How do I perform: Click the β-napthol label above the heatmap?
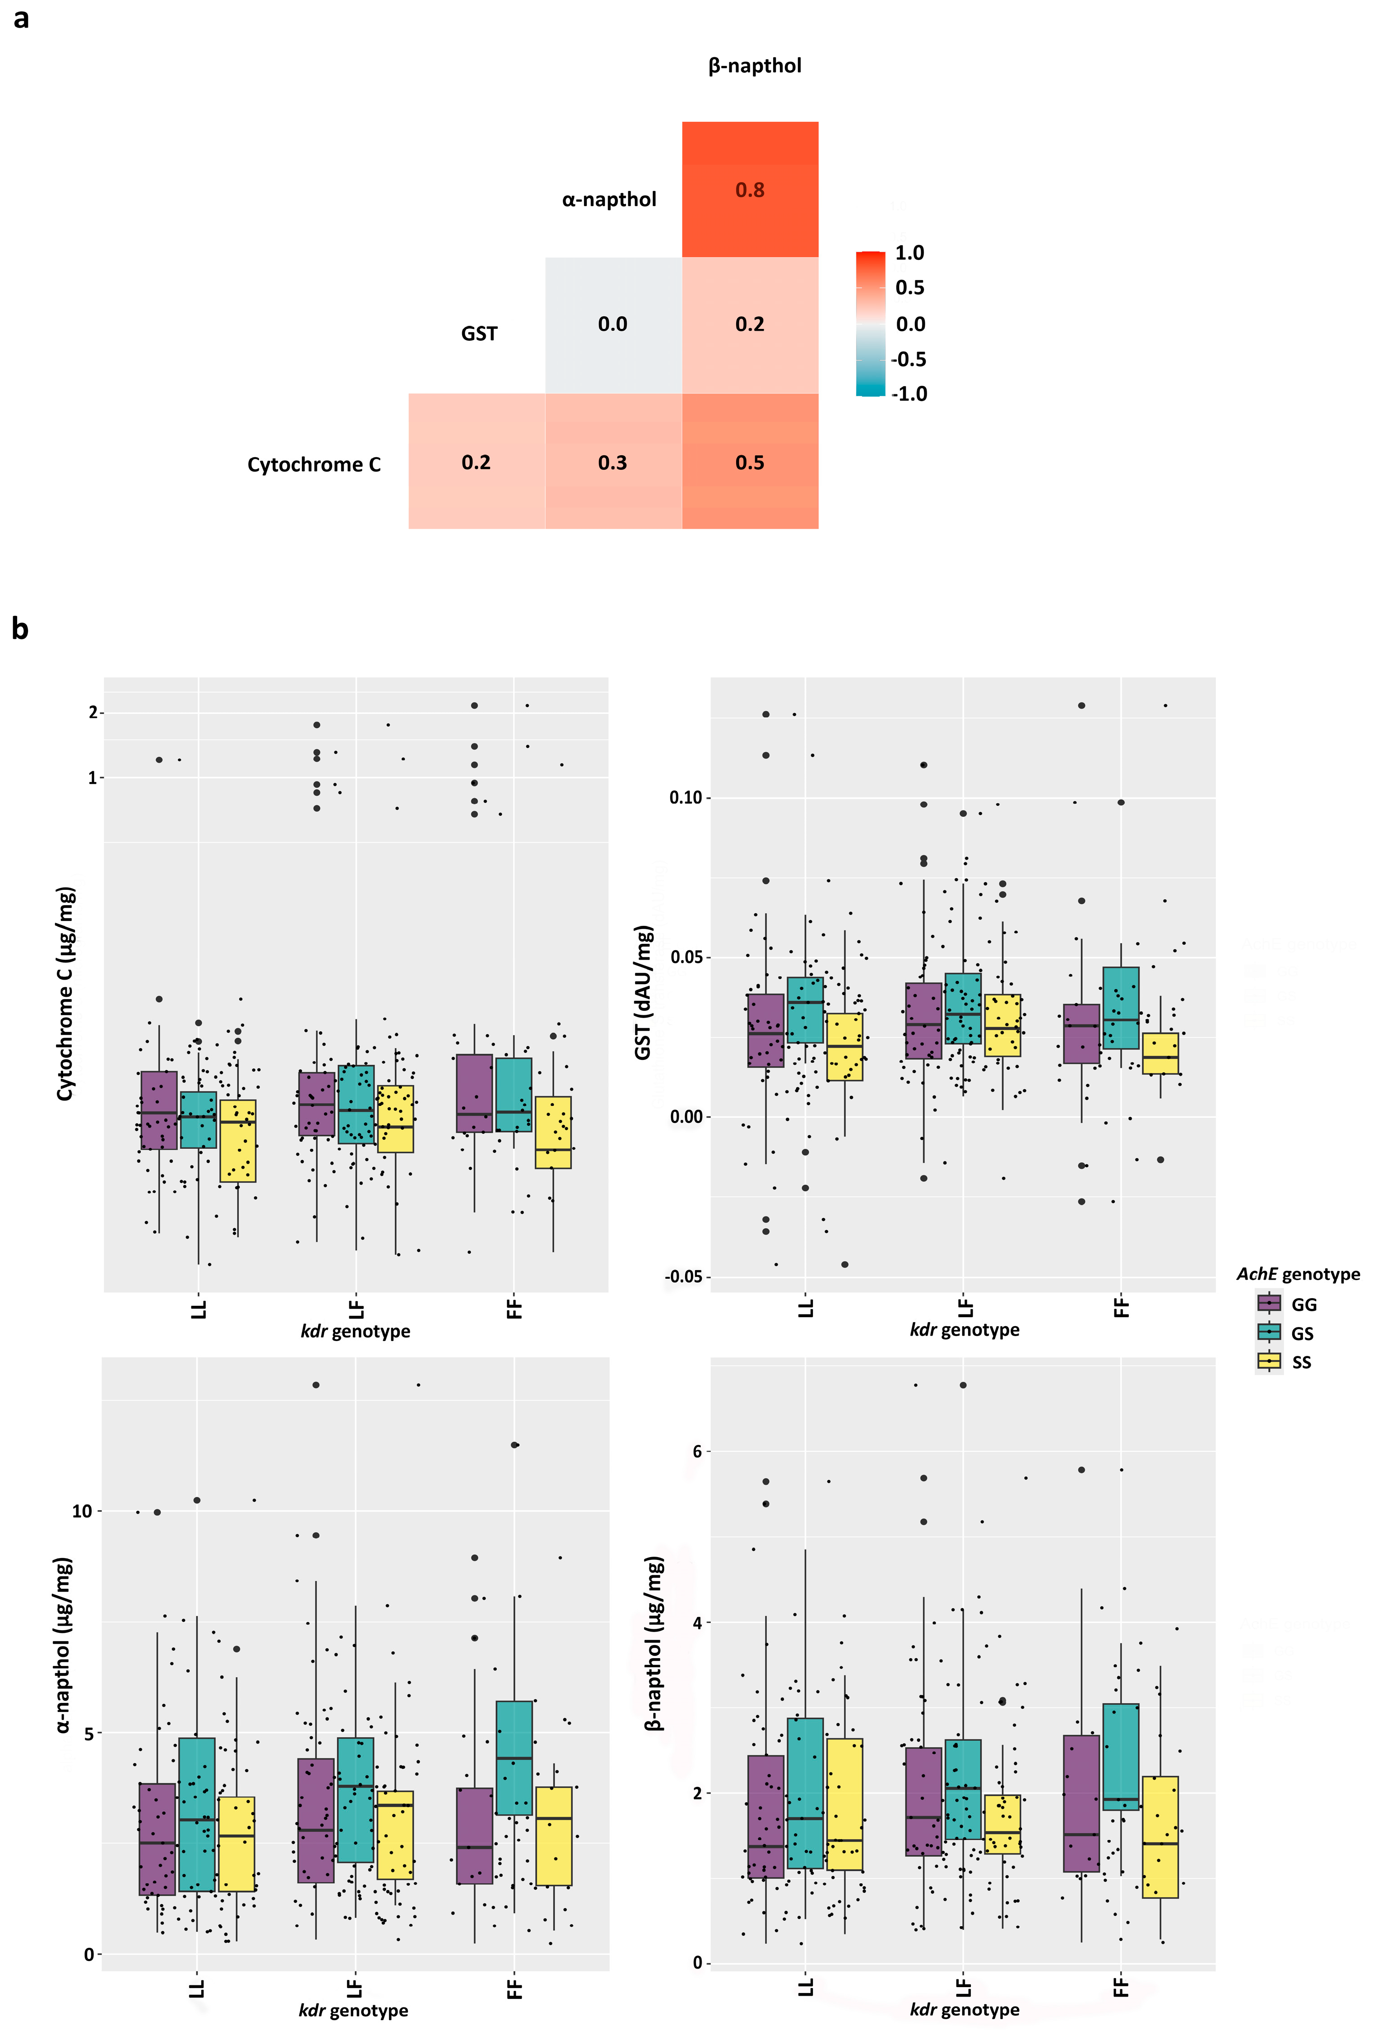coord(754,65)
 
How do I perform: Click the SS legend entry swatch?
coord(1269,1361)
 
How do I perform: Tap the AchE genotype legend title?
coord(1297,1274)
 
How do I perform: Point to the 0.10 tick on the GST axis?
coord(686,797)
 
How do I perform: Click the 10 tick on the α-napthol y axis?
coord(81,1511)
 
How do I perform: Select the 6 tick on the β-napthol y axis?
coord(696,1451)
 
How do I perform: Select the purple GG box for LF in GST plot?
coord(923,1020)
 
